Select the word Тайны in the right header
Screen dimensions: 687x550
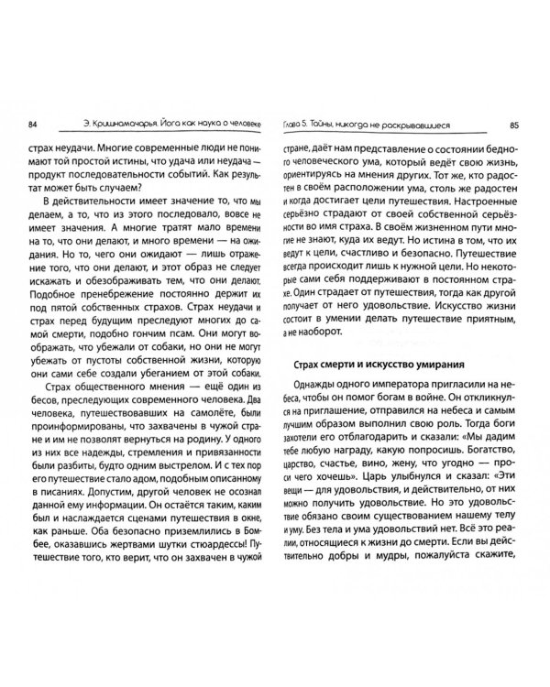click(x=345, y=125)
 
